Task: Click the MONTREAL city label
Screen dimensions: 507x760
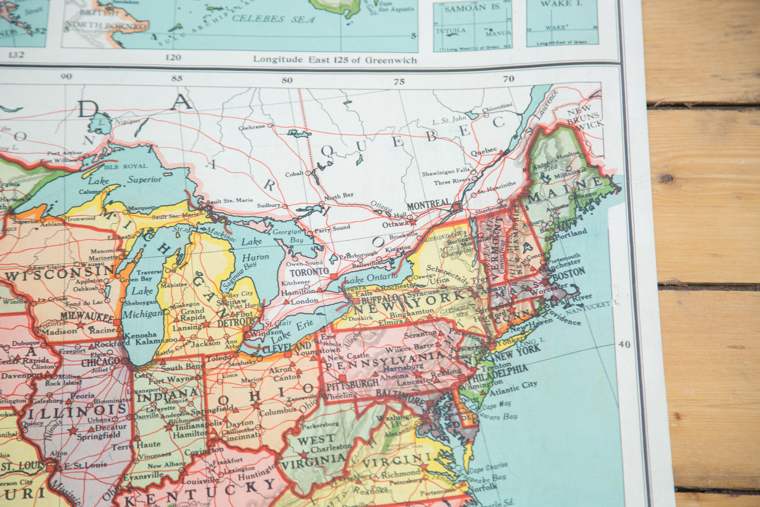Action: (x=428, y=205)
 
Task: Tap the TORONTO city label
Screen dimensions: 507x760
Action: (x=309, y=272)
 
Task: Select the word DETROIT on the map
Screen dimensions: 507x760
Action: (x=229, y=323)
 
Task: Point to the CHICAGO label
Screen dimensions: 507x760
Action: (x=100, y=362)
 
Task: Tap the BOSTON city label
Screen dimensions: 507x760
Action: (x=569, y=274)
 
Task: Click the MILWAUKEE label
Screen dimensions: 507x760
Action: (x=86, y=316)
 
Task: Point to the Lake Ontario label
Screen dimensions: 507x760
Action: (x=370, y=278)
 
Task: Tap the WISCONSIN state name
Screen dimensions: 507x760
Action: (x=60, y=273)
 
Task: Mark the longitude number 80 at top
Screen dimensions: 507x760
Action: (x=286, y=80)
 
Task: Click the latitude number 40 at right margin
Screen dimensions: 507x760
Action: (x=624, y=344)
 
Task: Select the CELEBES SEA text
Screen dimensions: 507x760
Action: (x=273, y=19)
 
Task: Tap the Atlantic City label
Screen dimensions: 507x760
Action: (x=513, y=389)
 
